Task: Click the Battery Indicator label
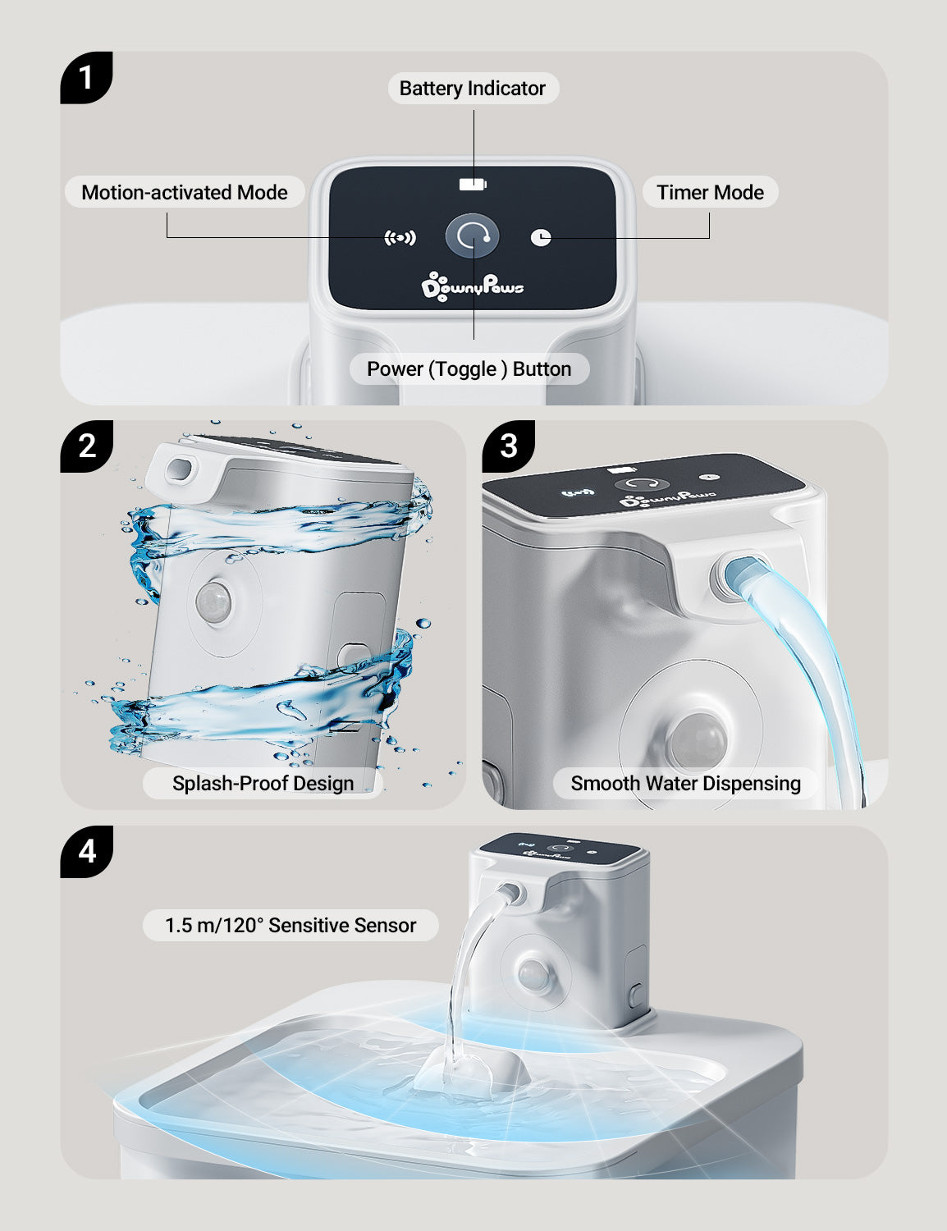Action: (x=473, y=89)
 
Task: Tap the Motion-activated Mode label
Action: (x=185, y=192)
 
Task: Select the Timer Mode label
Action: (x=711, y=192)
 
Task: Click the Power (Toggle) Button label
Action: (x=469, y=368)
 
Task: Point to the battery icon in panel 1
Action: (x=473, y=184)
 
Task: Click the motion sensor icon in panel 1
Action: (x=400, y=238)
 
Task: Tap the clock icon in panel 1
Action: (x=541, y=237)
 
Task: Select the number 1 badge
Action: (x=86, y=78)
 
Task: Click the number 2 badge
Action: (x=87, y=446)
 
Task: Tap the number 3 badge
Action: (x=509, y=446)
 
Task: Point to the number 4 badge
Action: (x=87, y=852)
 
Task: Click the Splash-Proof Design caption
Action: (x=263, y=783)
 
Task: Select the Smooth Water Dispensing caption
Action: (x=685, y=783)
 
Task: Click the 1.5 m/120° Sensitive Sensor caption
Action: (x=291, y=925)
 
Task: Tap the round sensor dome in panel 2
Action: (x=213, y=601)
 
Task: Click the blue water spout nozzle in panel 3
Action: (x=744, y=574)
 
